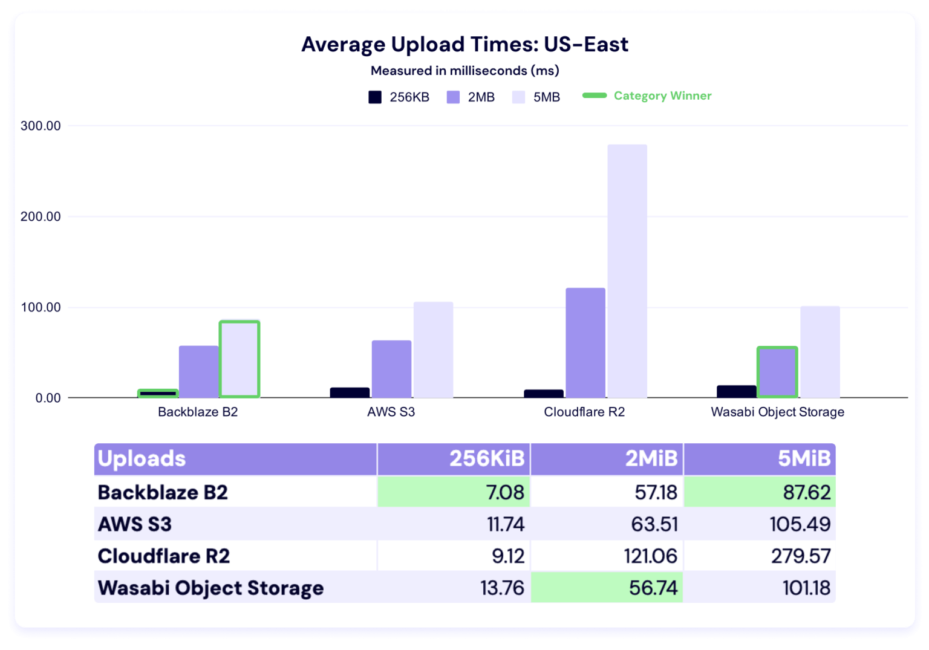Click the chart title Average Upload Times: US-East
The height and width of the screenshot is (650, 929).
pos(464,44)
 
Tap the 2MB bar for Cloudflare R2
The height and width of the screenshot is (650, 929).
pos(585,343)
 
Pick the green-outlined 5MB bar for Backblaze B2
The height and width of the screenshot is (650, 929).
pos(240,359)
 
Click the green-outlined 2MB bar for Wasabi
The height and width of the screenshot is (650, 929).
pos(777,372)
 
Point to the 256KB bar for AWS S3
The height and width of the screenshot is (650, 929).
pos(350,392)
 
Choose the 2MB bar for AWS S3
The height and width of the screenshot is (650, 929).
pos(391,369)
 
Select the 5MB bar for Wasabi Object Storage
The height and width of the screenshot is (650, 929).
pos(820,352)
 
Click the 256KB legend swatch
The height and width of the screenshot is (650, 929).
pos(375,97)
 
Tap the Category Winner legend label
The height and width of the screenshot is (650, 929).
pos(662,96)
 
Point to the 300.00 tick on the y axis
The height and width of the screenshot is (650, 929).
pos(41,126)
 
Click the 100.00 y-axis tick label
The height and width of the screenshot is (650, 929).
pos(41,307)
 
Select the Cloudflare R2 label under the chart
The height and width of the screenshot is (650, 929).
pos(584,412)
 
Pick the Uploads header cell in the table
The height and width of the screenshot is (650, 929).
pos(142,458)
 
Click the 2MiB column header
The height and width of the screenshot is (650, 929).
pos(651,458)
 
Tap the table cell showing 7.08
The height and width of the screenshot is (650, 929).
pos(505,492)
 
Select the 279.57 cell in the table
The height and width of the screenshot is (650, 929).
pos(800,556)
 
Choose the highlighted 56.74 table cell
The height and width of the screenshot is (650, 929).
pos(653,587)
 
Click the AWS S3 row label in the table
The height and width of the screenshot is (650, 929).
pos(135,524)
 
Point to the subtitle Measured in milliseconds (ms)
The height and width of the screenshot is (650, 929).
pos(464,71)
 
